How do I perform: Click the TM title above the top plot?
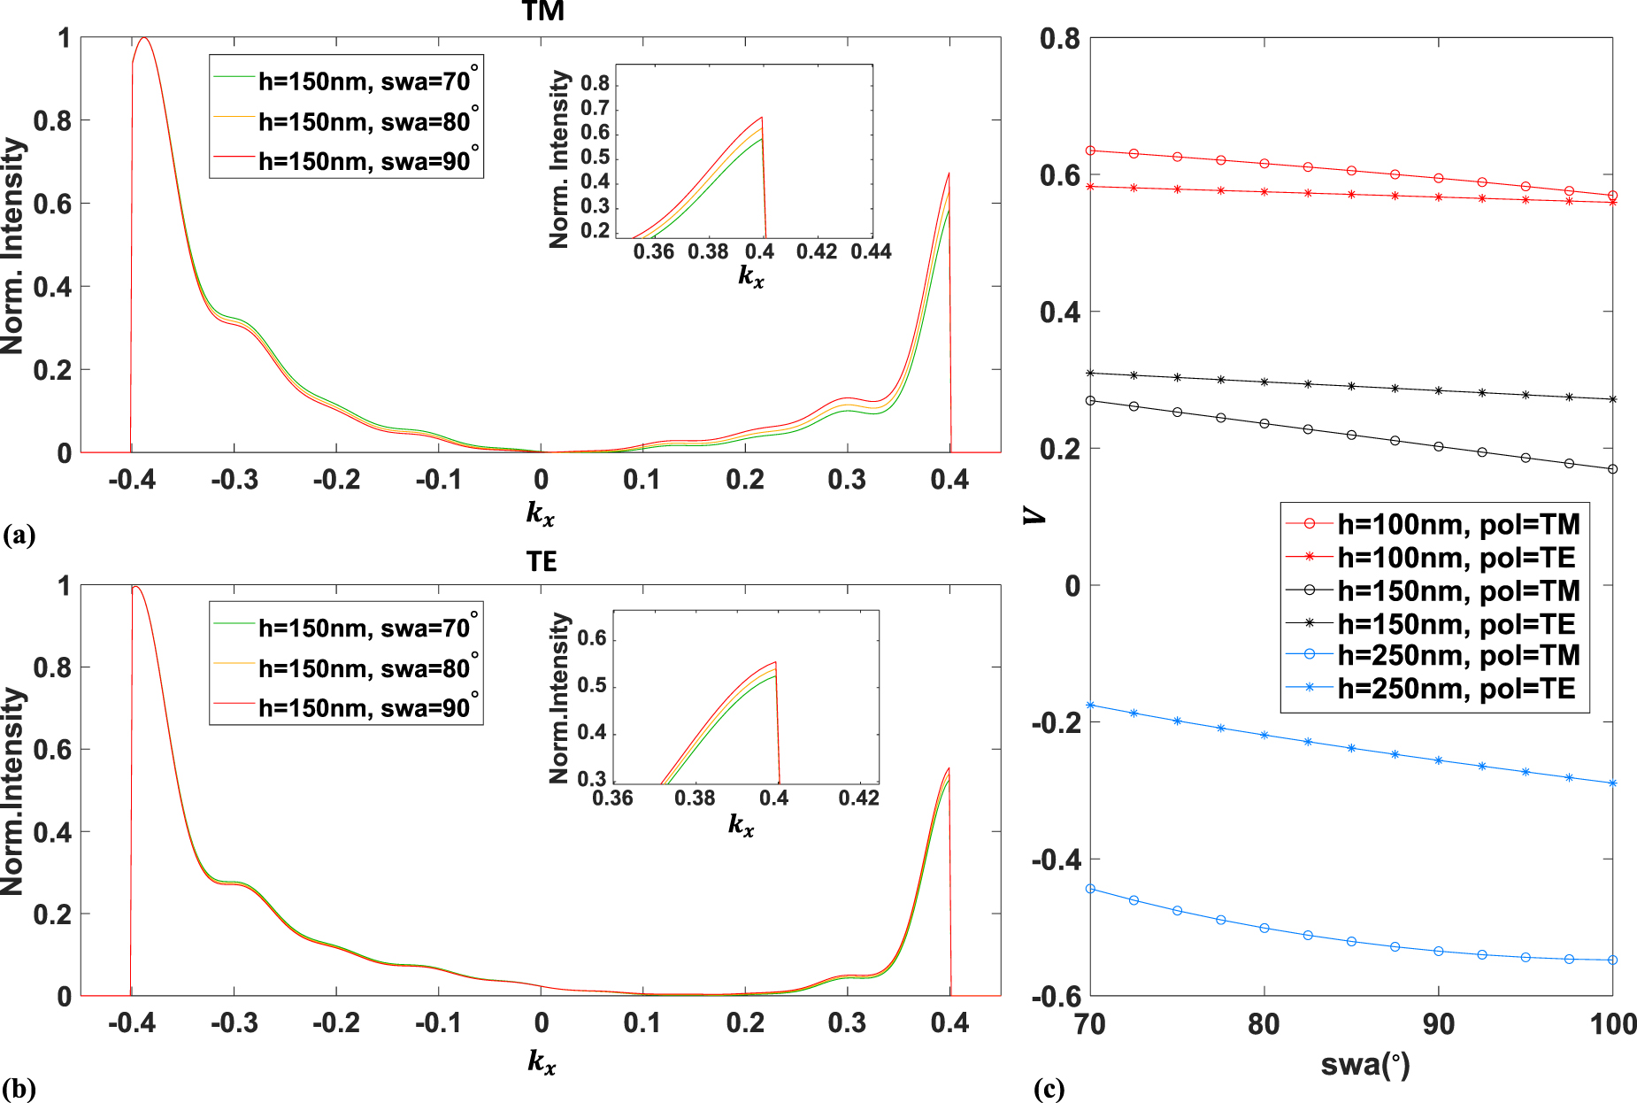pyautogui.click(x=542, y=12)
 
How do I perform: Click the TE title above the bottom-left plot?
pyautogui.click(x=542, y=562)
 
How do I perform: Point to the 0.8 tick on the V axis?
pyautogui.click(x=1059, y=39)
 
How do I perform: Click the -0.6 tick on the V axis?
pyautogui.click(x=1055, y=997)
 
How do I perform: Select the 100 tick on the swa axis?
pyautogui.click(x=1612, y=1024)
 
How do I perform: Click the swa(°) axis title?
pyautogui.click(x=1364, y=1064)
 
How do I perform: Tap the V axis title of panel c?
pyautogui.click(x=1034, y=514)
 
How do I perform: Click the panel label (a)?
pyautogui.click(x=19, y=535)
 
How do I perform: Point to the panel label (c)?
pyautogui.click(x=1049, y=1088)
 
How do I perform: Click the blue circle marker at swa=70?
pyautogui.click(x=1090, y=889)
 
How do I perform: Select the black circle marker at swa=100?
pyautogui.click(x=1612, y=469)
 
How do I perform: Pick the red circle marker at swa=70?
pyautogui.click(x=1090, y=150)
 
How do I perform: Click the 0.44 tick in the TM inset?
pyautogui.click(x=871, y=251)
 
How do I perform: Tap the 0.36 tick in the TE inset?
pyautogui.click(x=612, y=798)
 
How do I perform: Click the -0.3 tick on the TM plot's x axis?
pyautogui.click(x=234, y=480)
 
